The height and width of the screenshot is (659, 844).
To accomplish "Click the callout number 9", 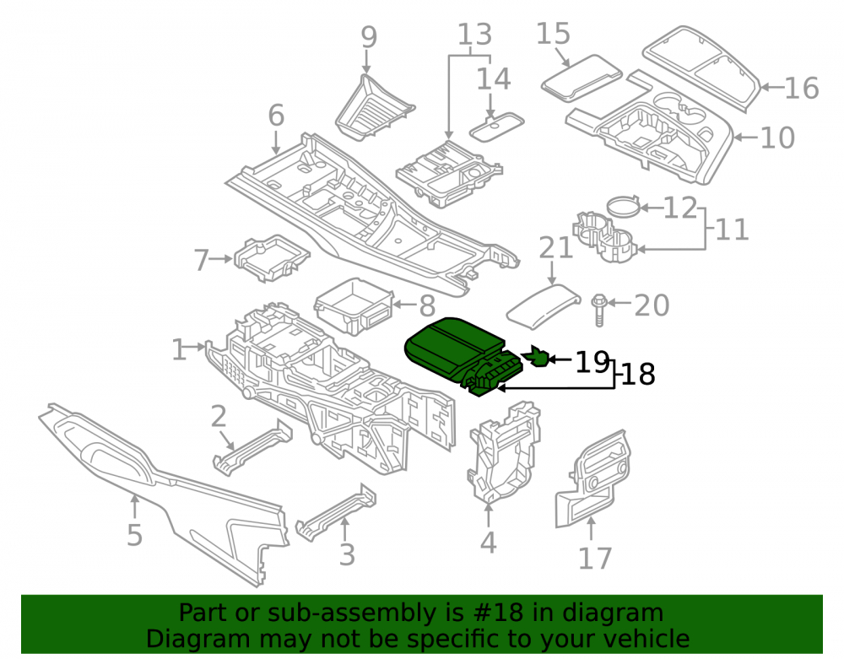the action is [x=369, y=37].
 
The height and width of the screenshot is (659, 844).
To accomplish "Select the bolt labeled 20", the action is [x=599, y=310].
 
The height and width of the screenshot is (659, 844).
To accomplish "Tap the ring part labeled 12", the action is [x=623, y=207].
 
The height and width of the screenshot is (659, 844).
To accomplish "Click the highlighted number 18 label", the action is [x=638, y=374].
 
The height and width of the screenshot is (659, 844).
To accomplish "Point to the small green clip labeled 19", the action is [x=537, y=356].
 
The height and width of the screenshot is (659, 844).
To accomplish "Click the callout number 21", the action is [x=555, y=248].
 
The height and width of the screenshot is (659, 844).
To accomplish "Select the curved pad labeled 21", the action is [x=543, y=305].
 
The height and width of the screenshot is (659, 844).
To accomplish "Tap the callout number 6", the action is [x=276, y=116].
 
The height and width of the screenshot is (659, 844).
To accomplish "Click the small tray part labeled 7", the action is [x=272, y=258].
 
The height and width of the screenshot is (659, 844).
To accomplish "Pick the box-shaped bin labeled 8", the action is [x=354, y=306].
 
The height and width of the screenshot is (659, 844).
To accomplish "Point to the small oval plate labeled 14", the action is [x=496, y=127].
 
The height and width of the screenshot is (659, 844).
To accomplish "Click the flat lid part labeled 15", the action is [x=582, y=78].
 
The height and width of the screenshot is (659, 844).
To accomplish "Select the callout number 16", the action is [x=802, y=89].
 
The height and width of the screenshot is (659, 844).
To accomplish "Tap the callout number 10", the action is [x=777, y=138].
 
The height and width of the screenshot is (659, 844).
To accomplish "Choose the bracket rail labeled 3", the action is [x=335, y=513].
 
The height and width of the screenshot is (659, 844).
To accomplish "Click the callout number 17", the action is [x=595, y=558].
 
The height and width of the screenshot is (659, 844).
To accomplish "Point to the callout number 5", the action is [x=134, y=535].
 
